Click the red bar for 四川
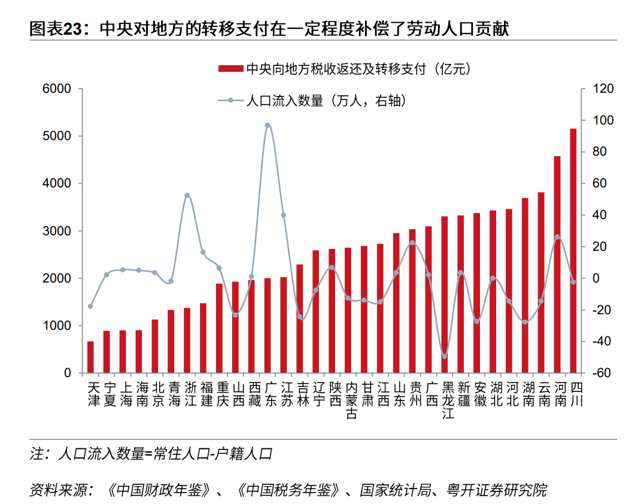click(x=573, y=251)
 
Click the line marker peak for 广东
click(x=268, y=126)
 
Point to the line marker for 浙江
click(x=187, y=195)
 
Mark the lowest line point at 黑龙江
click(x=445, y=356)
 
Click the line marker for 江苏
click(x=284, y=215)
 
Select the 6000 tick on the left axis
click(x=57, y=89)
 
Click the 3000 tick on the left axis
click(x=57, y=231)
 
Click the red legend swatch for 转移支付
click(x=230, y=69)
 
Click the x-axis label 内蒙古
click(x=352, y=399)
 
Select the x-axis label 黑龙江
click(x=448, y=399)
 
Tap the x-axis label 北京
click(x=158, y=393)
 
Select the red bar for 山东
click(x=396, y=303)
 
